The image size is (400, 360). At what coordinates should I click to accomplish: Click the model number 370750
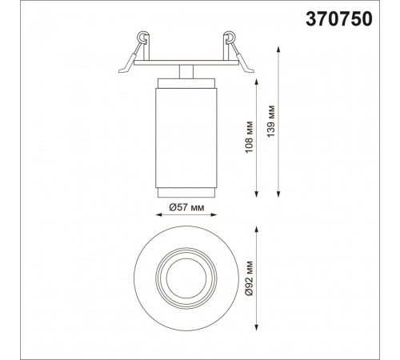click(x=339, y=19)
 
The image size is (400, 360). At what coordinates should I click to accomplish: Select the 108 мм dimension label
click(x=249, y=138)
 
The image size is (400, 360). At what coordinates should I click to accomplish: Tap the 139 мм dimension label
click(x=271, y=122)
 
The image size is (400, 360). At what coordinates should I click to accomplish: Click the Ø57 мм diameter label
click(x=186, y=207)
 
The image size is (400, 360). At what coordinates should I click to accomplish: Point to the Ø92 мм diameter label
click(x=249, y=278)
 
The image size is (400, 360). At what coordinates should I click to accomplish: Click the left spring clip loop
click(x=142, y=37)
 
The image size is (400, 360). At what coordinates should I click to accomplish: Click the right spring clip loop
click(x=230, y=37)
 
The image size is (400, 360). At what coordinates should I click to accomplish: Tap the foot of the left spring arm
click(x=124, y=70)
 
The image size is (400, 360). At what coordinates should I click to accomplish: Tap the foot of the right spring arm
click(x=249, y=70)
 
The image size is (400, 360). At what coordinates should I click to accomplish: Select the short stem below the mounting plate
click(x=186, y=72)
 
